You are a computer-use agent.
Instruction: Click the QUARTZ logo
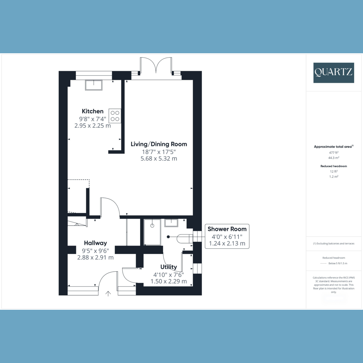tap(334, 73)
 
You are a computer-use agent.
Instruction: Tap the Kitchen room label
tap(93, 111)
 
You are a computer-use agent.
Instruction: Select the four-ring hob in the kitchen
tap(115, 116)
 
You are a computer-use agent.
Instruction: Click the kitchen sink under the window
tap(93, 85)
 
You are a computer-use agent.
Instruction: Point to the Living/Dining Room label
tap(159, 144)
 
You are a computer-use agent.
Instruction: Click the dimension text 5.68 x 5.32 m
tap(159, 159)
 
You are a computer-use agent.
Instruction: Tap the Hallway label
tap(95, 243)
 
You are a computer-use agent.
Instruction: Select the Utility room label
tap(168, 267)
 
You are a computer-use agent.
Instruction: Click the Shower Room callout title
tap(227, 229)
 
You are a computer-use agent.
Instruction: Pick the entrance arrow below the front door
tap(108, 293)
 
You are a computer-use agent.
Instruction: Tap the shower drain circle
tap(152, 225)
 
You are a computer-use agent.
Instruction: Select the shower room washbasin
tap(171, 223)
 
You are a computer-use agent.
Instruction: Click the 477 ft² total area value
tap(334, 152)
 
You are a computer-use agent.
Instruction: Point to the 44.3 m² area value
tap(334, 158)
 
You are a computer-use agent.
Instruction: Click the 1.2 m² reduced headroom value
tap(334, 176)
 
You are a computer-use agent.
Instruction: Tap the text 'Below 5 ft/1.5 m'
tap(338, 263)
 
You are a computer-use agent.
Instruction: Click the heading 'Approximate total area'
tap(333, 146)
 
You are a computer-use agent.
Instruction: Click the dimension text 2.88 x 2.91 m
tap(95, 257)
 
